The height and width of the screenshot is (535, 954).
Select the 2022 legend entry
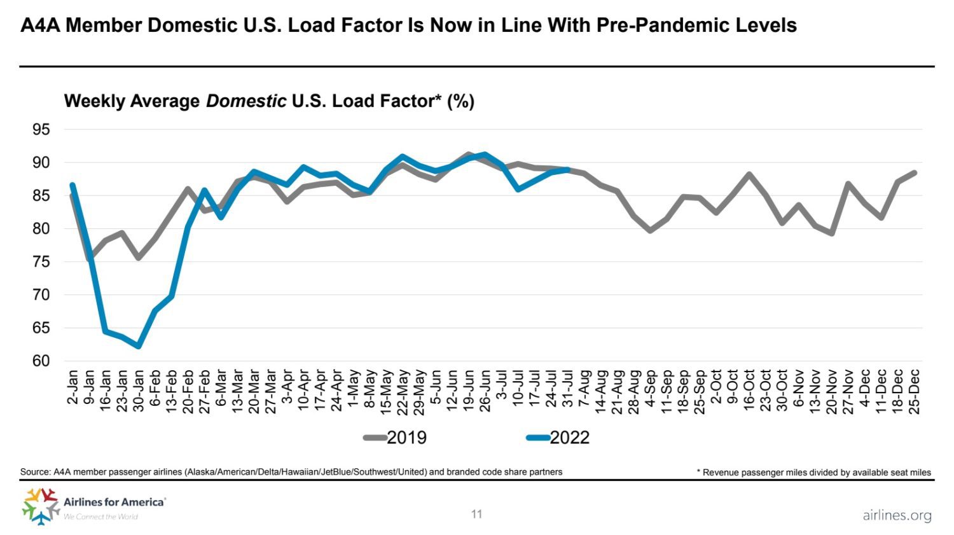[x=558, y=438]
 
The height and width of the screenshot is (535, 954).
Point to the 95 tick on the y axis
[x=41, y=130]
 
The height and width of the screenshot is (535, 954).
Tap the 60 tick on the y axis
[x=41, y=361]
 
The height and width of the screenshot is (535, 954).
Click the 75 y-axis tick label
[x=41, y=261]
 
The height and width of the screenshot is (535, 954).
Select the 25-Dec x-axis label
[x=915, y=391]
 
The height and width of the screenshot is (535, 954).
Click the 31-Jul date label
[x=568, y=389]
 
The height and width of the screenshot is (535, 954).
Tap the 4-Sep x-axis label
[x=651, y=387]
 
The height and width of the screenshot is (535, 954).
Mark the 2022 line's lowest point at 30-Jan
[x=138, y=346]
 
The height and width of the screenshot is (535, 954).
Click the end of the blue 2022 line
[x=567, y=169]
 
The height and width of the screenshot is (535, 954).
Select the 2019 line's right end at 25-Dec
[x=915, y=172]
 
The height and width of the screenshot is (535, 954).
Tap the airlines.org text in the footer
[x=897, y=515]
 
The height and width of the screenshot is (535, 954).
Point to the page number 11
[x=477, y=514]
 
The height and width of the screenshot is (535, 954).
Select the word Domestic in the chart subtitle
[x=246, y=101]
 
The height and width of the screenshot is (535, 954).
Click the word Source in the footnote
[x=35, y=472]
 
